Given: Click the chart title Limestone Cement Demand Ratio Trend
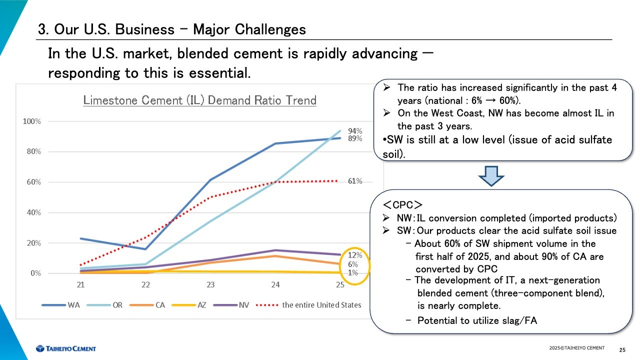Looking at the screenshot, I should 199,100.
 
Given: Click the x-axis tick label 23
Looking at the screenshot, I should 210,285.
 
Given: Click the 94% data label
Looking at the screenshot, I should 355,131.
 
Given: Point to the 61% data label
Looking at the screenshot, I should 355,181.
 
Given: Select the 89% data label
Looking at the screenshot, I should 355,138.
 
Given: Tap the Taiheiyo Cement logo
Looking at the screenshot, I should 65,348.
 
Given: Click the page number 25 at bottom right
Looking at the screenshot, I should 622,349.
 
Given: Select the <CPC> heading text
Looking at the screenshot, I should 403,204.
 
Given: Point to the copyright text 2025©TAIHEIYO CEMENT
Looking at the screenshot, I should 576,348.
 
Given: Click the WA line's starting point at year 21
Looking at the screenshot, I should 81,238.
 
